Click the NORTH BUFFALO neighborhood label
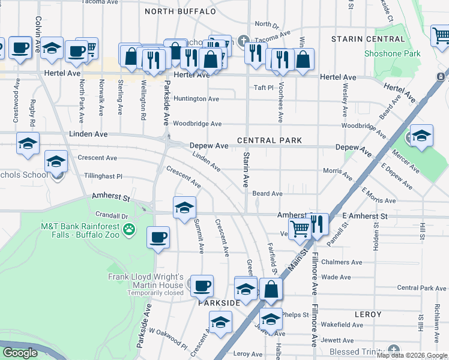click(180, 11)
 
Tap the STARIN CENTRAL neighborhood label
click(368, 39)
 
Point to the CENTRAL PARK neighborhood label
click(269, 140)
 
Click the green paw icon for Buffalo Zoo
click(128, 229)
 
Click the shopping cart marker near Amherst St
click(300, 226)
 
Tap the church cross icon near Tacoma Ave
click(243, 41)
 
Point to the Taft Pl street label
click(263, 87)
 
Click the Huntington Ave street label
click(196, 98)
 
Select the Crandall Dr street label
click(111, 215)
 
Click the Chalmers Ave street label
click(342, 262)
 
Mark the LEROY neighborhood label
click(368, 314)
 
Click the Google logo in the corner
click(20, 353)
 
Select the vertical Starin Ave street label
click(246, 170)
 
